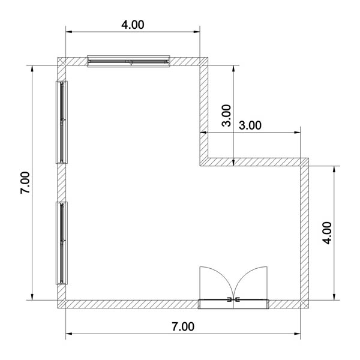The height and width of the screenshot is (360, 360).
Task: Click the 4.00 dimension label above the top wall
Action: pyautogui.click(x=133, y=25)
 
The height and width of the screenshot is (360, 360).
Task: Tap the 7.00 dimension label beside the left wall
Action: pyautogui.click(x=25, y=183)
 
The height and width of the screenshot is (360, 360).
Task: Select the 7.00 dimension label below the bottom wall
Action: pyautogui.click(x=183, y=326)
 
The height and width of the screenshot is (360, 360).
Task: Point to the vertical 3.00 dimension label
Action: pyautogui.click(x=226, y=115)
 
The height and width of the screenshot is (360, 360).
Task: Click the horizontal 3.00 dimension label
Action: pyautogui.click(x=250, y=125)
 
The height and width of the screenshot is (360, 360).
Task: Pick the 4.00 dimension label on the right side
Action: pyautogui.click(x=327, y=233)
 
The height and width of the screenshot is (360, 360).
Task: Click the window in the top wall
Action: pyautogui.click(x=128, y=61)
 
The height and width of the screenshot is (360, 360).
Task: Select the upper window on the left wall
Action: pyautogui.click(x=62, y=122)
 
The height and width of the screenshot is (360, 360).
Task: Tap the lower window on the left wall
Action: pyautogui.click(x=62, y=243)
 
